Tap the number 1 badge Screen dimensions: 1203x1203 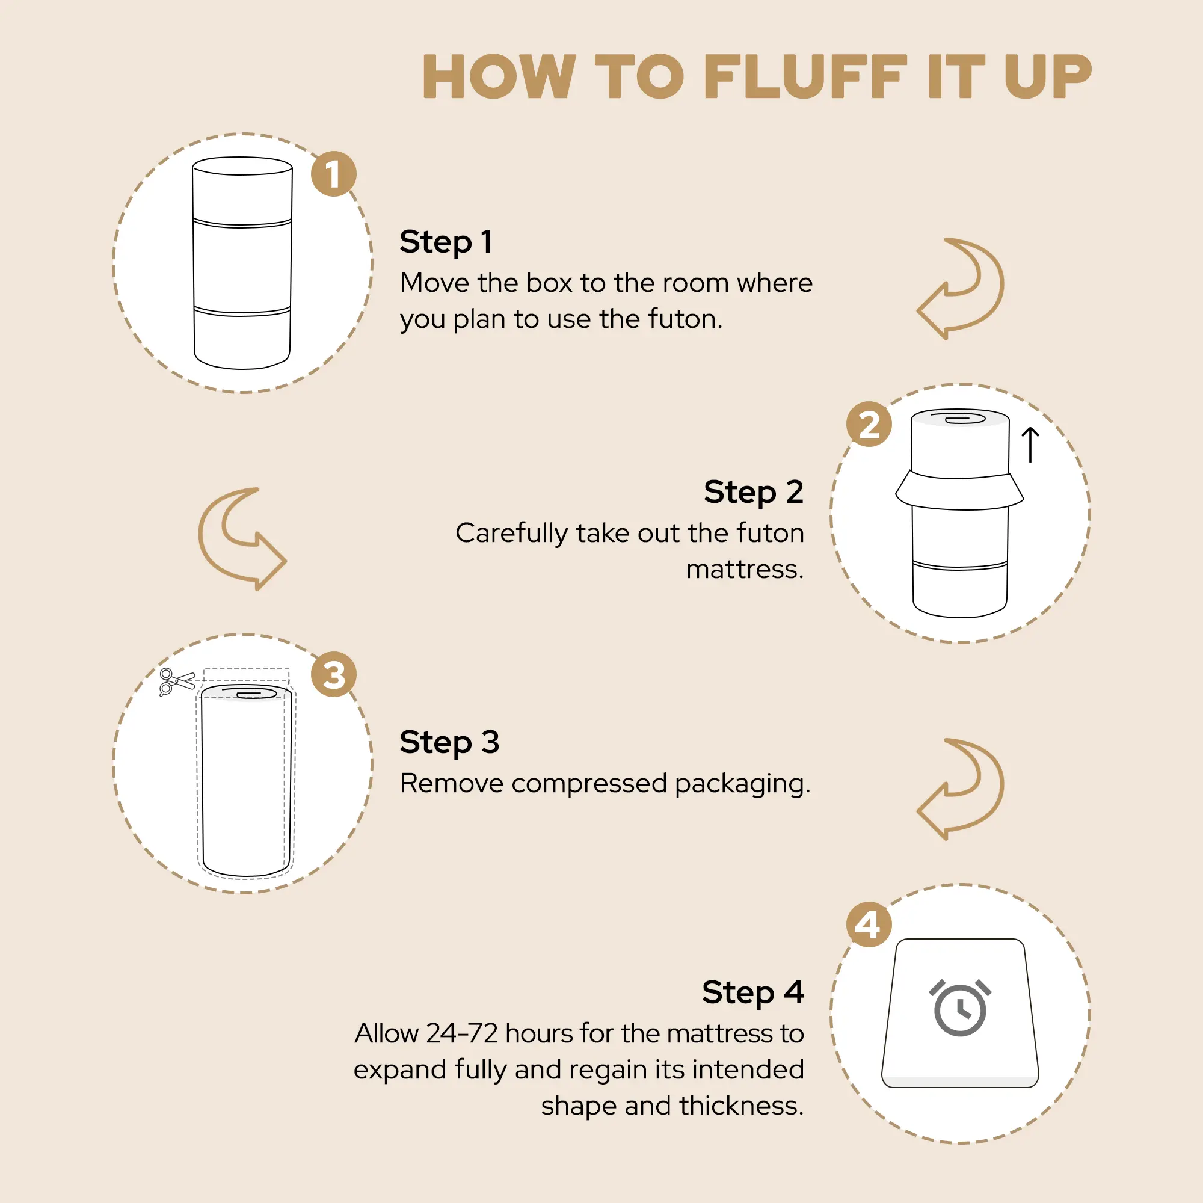pos(334,174)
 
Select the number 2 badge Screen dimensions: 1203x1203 pos(869,425)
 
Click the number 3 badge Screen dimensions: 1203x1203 pos(334,674)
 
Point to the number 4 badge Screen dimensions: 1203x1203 pos(869,925)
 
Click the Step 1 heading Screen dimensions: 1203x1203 pos(446,242)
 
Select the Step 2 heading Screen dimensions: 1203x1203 pos(754,493)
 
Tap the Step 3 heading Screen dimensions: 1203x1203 pos(449,743)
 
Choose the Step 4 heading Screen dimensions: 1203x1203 pos(753,993)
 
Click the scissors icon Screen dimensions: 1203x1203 pos(177,681)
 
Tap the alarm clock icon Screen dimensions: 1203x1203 pos(960,1008)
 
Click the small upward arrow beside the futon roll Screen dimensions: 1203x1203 pos(1030,445)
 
